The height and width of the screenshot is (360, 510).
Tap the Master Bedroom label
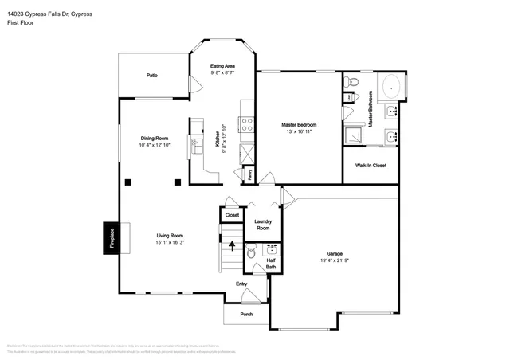pyautogui.click(x=299, y=125)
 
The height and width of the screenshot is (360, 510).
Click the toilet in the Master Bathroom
pyautogui.click(x=350, y=83)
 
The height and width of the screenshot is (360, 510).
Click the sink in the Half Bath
pyautogui.click(x=270, y=249)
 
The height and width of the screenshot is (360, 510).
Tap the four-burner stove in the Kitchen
pyautogui.click(x=247, y=123)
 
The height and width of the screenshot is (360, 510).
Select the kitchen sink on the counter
pyautogui.click(x=196, y=146)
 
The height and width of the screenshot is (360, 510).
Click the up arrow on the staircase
pyautogui.click(x=233, y=245)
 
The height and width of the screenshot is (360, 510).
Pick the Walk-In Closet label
pyautogui.click(x=371, y=166)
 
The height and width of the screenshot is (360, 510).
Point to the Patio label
pyautogui.click(x=151, y=76)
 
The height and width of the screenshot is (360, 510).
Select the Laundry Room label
pyautogui.click(x=263, y=225)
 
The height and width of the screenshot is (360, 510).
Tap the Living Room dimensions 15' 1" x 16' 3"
pyautogui.click(x=170, y=242)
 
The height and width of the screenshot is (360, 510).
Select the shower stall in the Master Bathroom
pyautogui.click(x=353, y=136)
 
